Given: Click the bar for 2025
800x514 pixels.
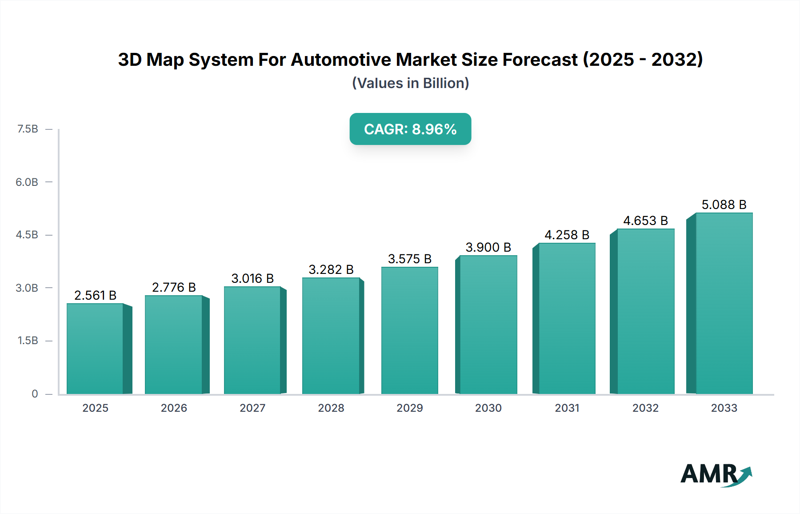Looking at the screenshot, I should (95, 349).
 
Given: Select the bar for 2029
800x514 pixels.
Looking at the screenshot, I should (409, 331).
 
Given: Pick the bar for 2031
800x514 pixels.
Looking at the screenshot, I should (567, 319).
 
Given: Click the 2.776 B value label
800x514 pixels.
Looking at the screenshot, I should (174, 287).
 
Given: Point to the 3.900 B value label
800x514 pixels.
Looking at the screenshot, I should (488, 247).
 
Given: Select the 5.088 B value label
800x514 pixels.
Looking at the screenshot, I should (724, 205).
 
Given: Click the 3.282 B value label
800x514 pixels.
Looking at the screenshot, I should (331, 269).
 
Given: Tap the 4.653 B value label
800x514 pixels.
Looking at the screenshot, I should (645, 221).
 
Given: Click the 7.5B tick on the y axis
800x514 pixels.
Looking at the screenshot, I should (28, 129).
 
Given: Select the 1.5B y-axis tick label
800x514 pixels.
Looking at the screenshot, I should (28, 341).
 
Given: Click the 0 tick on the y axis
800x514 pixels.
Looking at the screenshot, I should (35, 394).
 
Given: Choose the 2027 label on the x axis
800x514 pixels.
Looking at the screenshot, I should (252, 408).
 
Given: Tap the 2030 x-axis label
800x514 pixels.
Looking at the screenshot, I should (488, 408).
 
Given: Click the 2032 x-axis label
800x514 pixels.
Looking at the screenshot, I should (645, 408).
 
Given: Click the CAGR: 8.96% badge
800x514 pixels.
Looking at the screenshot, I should (410, 129).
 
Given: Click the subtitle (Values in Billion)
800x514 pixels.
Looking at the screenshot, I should (410, 83).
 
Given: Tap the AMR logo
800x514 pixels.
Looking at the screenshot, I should (715, 474).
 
